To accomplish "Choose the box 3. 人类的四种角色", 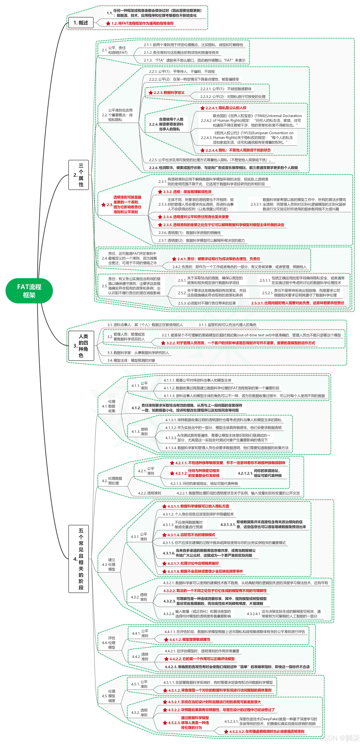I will [x=81, y=345].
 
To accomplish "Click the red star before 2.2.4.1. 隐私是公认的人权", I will [x=203, y=108].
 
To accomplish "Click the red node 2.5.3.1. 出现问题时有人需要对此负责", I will [x=297, y=303].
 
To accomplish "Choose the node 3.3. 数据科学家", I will [x=138, y=353].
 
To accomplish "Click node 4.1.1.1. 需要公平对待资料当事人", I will [x=198, y=380].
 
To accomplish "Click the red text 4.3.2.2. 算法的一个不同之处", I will [x=215, y=591].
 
